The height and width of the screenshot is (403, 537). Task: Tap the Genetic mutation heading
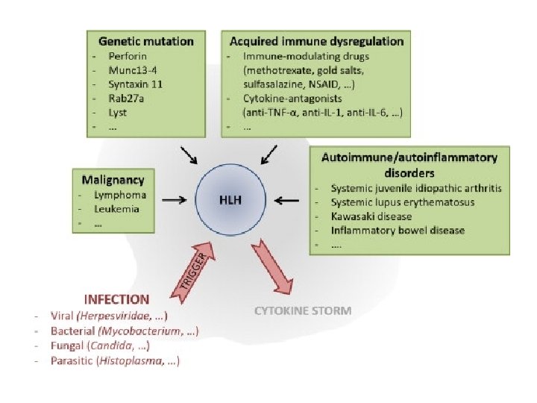(145, 41)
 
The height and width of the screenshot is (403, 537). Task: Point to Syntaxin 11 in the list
(134, 84)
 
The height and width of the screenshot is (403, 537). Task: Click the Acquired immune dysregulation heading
(316, 41)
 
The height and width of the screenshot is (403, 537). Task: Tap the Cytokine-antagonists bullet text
(286, 99)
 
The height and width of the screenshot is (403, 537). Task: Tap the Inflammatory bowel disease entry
(398, 231)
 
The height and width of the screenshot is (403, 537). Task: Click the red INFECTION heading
(116, 299)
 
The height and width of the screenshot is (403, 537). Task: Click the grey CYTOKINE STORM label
(303, 310)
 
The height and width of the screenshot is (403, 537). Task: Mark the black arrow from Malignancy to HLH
(174, 200)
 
